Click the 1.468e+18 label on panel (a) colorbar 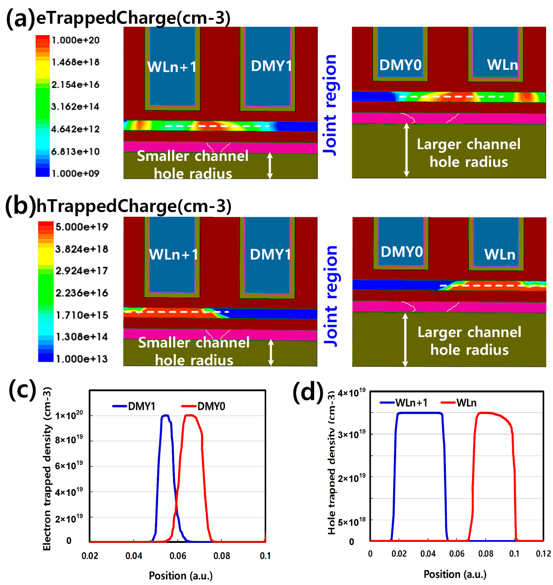coord(76,62)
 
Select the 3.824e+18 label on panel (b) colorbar coord(82,249)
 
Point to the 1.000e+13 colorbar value coord(82,359)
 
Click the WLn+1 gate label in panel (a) coord(172,67)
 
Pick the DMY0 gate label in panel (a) coord(400,65)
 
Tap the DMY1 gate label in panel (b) coord(270,254)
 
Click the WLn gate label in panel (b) coord(500,254)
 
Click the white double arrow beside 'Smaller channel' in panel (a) coord(270,166)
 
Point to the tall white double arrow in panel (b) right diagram coord(405,340)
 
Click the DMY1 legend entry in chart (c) coord(134,406)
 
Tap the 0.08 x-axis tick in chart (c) coord(221,556)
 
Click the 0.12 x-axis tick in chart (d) coord(543,554)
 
